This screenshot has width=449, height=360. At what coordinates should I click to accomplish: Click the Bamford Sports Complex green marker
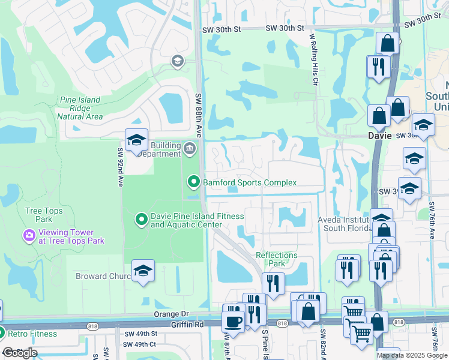[193, 181]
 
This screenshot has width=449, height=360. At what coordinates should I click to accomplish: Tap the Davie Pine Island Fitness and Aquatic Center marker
[141, 220]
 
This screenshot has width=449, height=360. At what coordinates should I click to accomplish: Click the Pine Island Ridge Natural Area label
[81, 108]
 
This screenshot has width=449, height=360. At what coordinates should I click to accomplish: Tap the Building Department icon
[190, 148]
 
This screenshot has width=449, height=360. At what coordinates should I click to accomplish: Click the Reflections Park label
[277, 259]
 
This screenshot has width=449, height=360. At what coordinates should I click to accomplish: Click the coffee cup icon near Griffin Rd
[233, 320]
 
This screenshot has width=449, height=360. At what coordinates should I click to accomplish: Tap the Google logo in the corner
[20, 353]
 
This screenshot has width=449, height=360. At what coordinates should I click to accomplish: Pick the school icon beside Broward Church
[143, 272]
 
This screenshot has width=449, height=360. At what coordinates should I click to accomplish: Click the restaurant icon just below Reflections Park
[273, 283]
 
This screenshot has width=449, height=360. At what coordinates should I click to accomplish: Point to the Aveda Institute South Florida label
[345, 224]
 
